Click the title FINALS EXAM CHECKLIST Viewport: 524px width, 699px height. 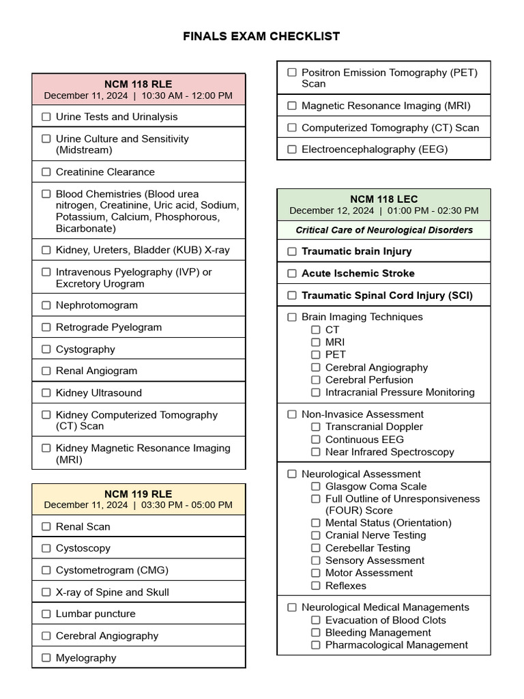(x=261, y=36)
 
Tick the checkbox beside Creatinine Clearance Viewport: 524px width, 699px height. (x=46, y=172)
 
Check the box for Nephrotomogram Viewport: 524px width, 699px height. (x=46, y=305)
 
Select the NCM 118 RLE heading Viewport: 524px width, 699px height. (x=138, y=84)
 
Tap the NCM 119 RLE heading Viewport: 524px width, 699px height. (x=138, y=494)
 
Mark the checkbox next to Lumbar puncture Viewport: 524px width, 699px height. (x=46, y=614)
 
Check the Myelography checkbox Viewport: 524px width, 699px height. (x=46, y=658)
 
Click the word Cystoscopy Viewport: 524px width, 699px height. (x=83, y=548)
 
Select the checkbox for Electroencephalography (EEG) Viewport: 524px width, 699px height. (x=292, y=149)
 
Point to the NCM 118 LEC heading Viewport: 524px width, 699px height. (x=383, y=199)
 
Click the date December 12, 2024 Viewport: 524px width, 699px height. (x=332, y=211)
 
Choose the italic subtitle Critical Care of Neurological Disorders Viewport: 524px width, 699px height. (x=383, y=230)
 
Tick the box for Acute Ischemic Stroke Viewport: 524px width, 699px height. (x=292, y=273)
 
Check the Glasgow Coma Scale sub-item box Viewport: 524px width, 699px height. (x=316, y=487)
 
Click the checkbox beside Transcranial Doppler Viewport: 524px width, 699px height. (x=316, y=427)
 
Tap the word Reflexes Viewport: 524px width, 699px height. (x=345, y=586)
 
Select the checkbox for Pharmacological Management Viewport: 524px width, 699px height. (x=316, y=645)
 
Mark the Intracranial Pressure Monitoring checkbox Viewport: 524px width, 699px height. (x=316, y=393)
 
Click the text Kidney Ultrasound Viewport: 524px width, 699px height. (x=99, y=393)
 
